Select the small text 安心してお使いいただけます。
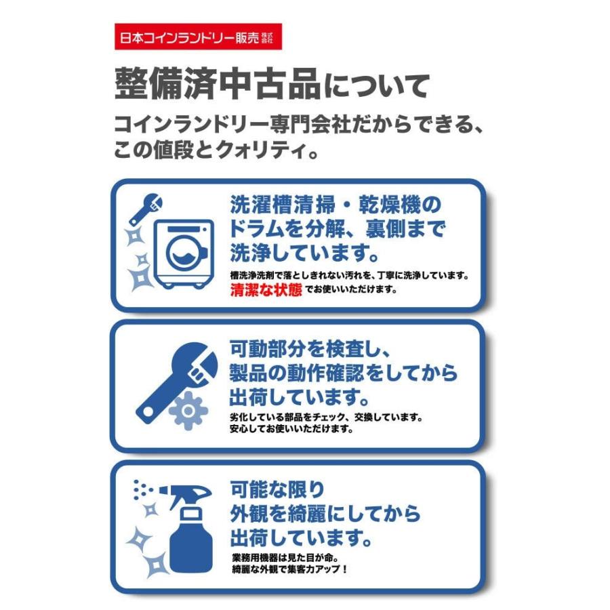(x=292, y=429)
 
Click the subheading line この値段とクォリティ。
(x=217, y=150)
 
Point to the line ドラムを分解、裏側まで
(x=336, y=227)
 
